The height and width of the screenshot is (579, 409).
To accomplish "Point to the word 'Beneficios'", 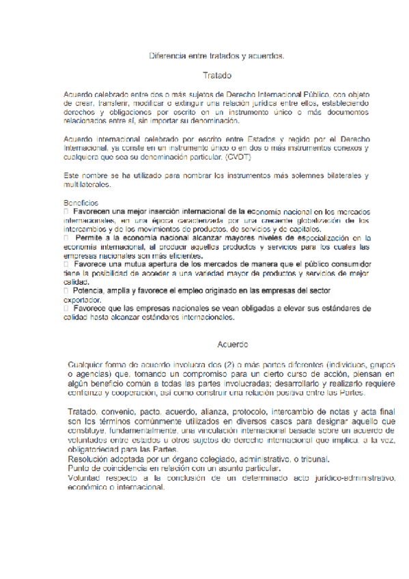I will pos(81,203).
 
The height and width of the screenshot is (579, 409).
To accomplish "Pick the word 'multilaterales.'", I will pos(87,184).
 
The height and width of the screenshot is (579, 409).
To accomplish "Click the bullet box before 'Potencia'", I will pos(66,290).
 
